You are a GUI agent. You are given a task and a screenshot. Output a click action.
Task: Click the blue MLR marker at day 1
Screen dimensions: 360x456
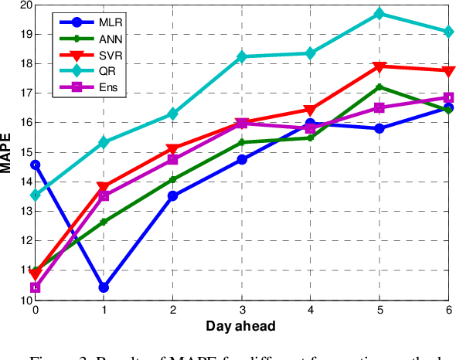click(x=104, y=287)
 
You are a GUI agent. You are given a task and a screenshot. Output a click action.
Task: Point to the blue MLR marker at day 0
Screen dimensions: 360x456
click(x=35, y=165)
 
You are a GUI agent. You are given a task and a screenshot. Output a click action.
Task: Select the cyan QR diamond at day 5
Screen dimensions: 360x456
click(x=379, y=14)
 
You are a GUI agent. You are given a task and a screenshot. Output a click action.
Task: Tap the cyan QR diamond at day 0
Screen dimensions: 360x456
click(x=35, y=195)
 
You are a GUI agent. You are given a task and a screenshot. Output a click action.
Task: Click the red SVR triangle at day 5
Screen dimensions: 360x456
click(x=379, y=66)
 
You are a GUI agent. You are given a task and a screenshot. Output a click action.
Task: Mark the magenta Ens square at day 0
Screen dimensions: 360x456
click(x=35, y=288)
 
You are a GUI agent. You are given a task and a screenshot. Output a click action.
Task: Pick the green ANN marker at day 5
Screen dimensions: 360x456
click(x=379, y=87)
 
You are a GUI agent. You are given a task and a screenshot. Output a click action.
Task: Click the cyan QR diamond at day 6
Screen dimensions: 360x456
click(x=447, y=32)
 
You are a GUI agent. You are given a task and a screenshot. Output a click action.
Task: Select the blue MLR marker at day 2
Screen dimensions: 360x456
click(x=172, y=195)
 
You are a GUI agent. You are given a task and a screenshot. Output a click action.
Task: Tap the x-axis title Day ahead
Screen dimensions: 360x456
click(x=240, y=326)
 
